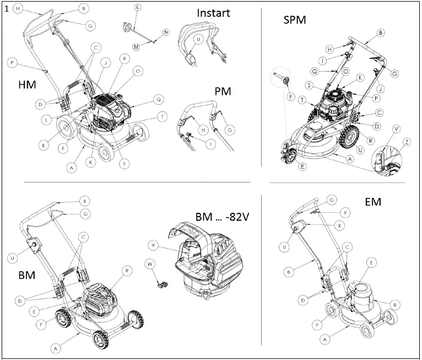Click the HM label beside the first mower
(28, 85)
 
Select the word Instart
(213, 13)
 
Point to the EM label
(373, 202)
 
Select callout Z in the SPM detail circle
(407, 142)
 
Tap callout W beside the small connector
(149, 264)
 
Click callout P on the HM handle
(12, 63)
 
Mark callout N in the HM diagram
(166, 33)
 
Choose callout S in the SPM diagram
(310, 85)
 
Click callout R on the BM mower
(127, 271)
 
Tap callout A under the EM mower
(330, 339)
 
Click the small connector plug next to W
(161, 284)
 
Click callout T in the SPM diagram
(303, 99)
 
